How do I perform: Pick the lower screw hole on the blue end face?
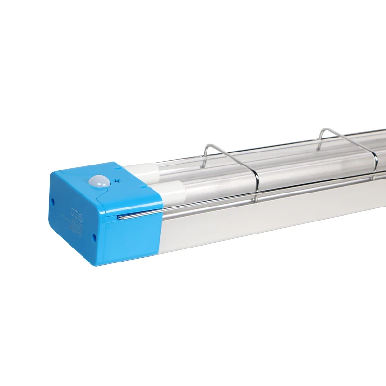pyautogui.click(x=94, y=237)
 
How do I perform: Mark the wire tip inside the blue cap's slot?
pyautogui.click(x=119, y=217)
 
